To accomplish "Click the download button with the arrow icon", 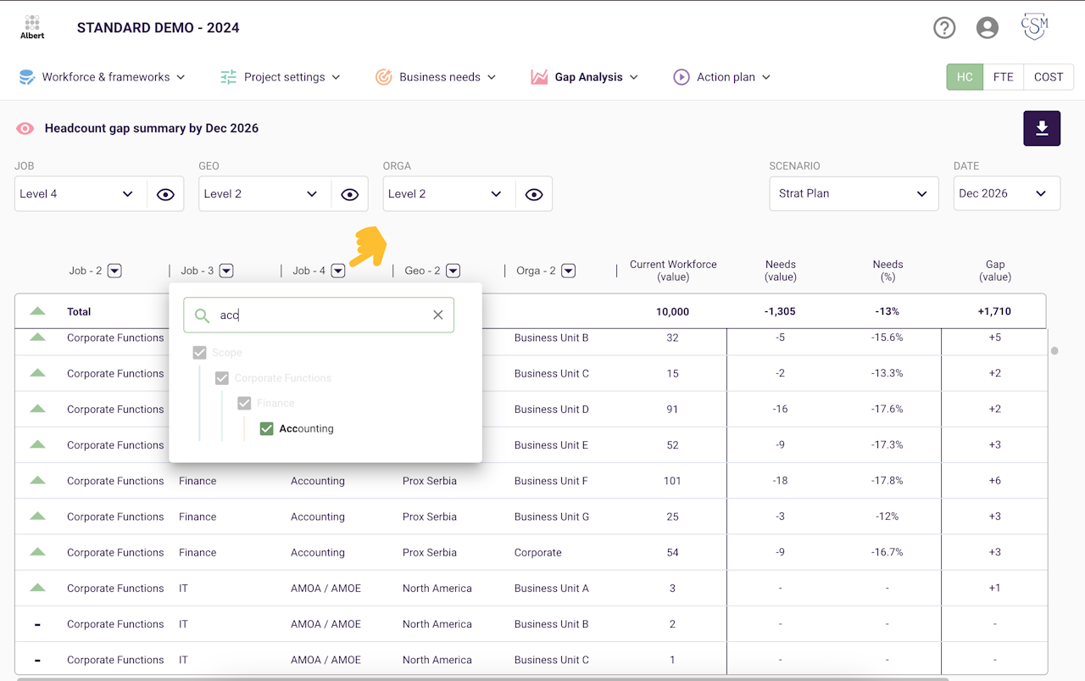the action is (x=1042, y=128).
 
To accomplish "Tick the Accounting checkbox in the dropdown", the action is (x=266, y=428).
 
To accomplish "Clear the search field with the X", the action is (x=438, y=315).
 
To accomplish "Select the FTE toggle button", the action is (x=1003, y=77).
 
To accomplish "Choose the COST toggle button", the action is (x=1049, y=77).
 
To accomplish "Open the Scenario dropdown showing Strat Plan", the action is (x=854, y=193).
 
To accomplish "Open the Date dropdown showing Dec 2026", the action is (x=1006, y=193).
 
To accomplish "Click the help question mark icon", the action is (x=944, y=28).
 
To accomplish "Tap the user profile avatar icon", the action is (x=988, y=28).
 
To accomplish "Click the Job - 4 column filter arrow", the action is (x=338, y=271).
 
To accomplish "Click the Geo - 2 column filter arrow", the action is (x=453, y=271).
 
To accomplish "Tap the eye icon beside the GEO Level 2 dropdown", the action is (x=350, y=194).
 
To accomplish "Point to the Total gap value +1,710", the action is (x=994, y=311).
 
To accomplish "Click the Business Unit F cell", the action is (x=551, y=481).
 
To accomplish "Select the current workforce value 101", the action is (x=672, y=481).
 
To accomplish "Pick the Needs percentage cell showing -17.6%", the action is (x=887, y=409).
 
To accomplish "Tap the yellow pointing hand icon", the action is (x=369, y=247).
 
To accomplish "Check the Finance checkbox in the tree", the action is (x=244, y=404).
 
